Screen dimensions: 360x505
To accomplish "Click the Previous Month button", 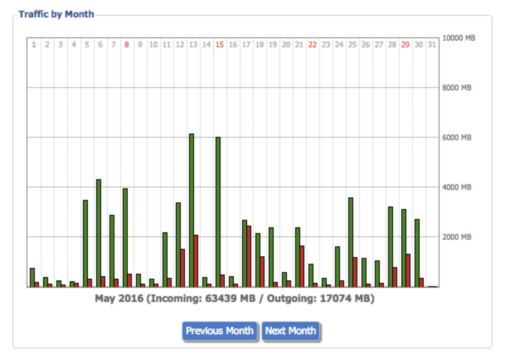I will pyautogui.click(x=219, y=331).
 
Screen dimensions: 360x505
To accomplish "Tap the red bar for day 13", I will pyautogui.click(x=196, y=261).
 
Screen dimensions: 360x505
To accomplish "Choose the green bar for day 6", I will pyautogui.click(x=99, y=233).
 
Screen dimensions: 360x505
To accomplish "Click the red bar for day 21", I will pyautogui.click(x=302, y=266).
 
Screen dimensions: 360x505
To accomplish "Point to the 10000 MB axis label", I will pyautogui.click(x=459, y=38).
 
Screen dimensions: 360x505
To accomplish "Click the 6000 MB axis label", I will pyautogui.click(x=457, y=138).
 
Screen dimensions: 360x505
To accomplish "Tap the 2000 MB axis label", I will pyautogui.click(x=457, y=237).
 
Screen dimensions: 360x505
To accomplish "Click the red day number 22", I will pyautogui.click(x=312, y=45).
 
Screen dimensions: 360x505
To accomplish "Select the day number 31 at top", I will pyautogui.click(x=432, y=45).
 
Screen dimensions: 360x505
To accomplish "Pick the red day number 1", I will pyautogui.click(x=34, y=45).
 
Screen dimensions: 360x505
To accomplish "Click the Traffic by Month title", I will pyautogui.click(x=56, y=15).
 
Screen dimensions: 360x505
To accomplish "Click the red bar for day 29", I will pyautogui.click(x=408, y=270).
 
